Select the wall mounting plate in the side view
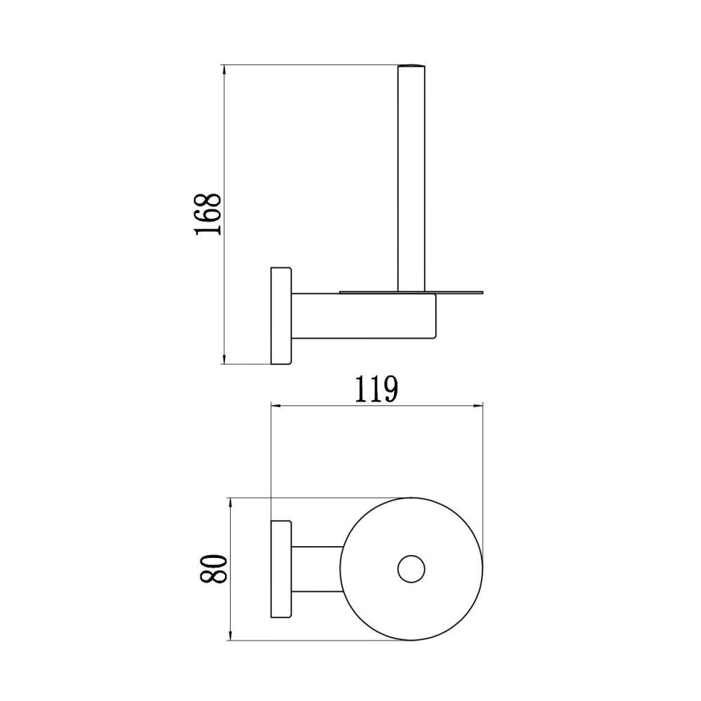coord(281,315)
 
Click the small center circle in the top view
coord(411,569)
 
